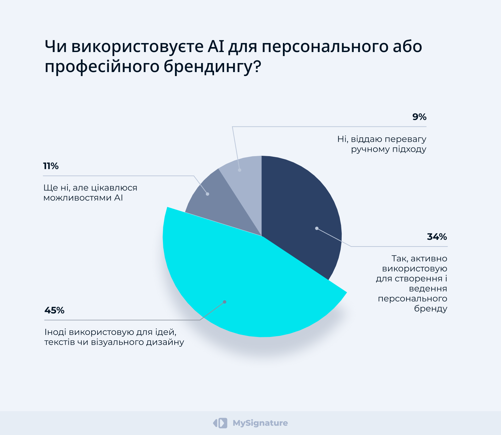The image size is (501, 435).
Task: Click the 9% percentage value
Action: point(419,117)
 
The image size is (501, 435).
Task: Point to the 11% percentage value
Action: point(51,166)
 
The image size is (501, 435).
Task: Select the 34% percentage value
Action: point(437,237)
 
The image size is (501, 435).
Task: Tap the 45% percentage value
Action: point(54,311)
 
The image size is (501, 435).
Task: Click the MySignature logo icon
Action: point(220,423)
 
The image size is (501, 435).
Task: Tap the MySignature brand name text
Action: point(260,423)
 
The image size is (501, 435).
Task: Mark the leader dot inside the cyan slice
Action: point(224,302)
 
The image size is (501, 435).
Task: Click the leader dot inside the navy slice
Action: point(317,229)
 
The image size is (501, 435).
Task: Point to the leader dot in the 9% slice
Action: point(239,170)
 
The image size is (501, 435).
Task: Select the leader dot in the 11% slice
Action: point(207,194)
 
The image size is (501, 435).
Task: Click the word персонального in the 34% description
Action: point(412,299)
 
